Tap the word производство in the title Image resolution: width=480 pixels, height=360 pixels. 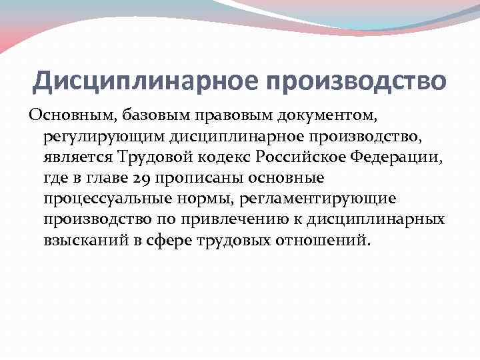(357, 81)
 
